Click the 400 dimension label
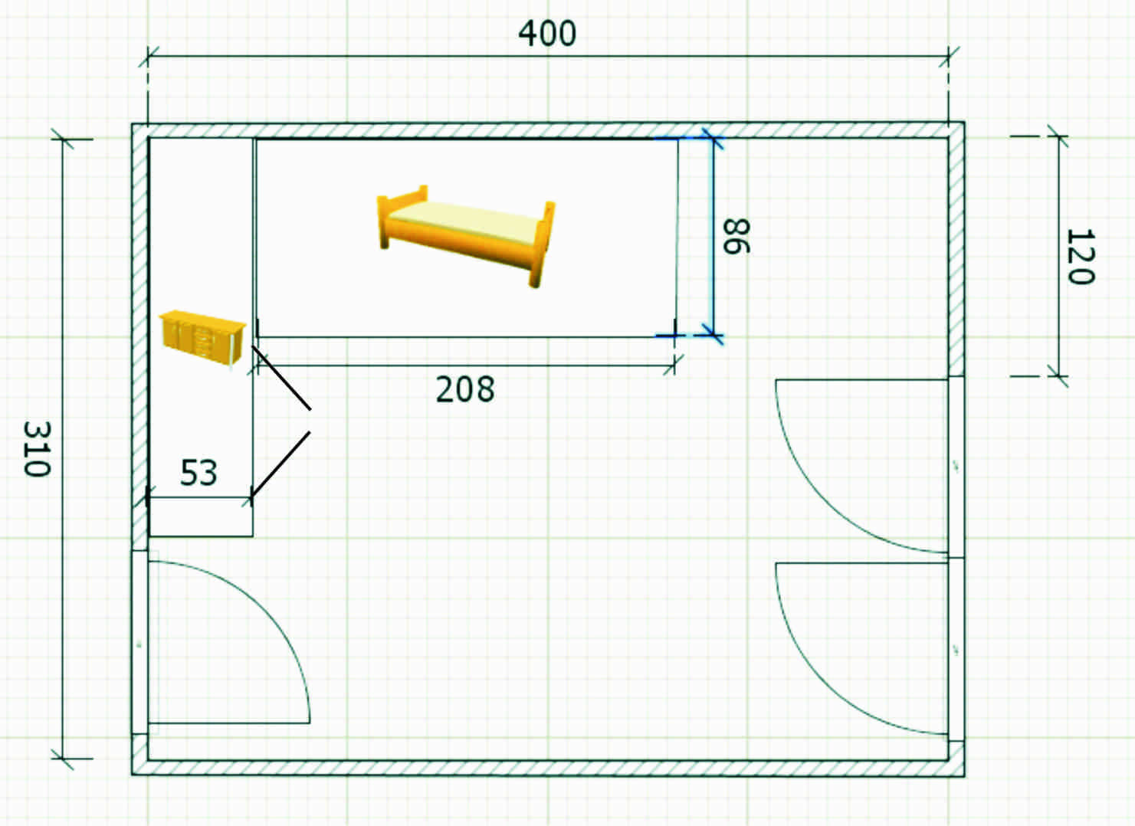546,34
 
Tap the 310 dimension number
37,449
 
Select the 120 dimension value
1081,257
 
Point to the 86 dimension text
736,236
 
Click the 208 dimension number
465,389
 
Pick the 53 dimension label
198,472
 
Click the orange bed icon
466,236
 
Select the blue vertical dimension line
713,236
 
